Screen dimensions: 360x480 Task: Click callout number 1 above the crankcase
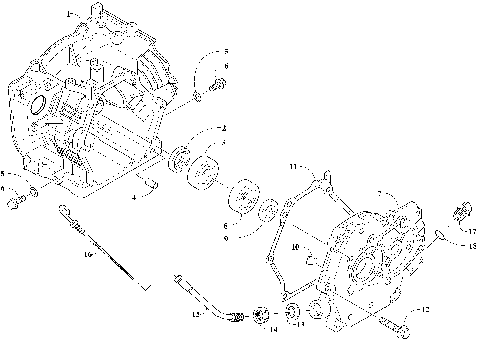click(x=69, y=15)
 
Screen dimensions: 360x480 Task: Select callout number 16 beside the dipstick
click(x=88, y=256)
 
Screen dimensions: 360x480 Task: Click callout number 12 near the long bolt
click(x=423, y=311)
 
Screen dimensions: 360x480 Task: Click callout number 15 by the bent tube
click(x=196, y=316)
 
